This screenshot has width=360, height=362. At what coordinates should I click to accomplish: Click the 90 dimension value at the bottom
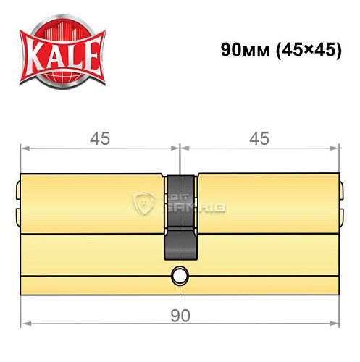180,316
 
